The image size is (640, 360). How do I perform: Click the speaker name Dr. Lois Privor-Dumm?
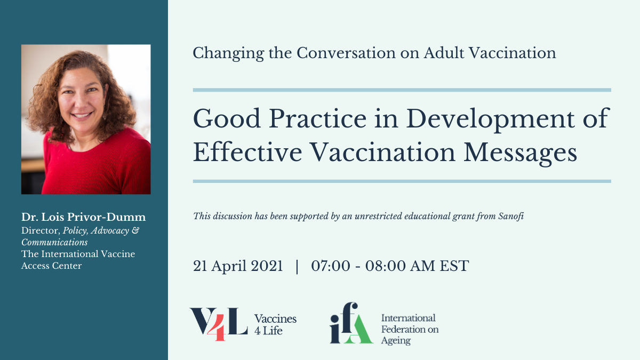point(83,217)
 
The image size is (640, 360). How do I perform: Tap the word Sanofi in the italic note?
point(511,216)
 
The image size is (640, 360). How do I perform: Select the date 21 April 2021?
point(238,266)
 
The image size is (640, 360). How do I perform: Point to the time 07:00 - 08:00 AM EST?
point(390,266)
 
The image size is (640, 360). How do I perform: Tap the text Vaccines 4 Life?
point(275,325)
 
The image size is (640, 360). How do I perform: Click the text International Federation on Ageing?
point(410,329)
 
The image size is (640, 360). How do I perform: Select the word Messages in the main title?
point(520,153)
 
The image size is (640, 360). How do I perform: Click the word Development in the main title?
point(490,119)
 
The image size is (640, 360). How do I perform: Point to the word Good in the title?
point(227,119)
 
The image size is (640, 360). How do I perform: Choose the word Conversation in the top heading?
point(346,53)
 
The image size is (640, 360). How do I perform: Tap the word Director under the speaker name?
point(41,230)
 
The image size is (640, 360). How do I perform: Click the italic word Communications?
point(54,242)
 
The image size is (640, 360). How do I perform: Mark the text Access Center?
point(51,266)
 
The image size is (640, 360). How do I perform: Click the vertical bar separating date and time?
point(297,266)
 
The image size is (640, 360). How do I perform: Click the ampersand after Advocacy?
point(135,230)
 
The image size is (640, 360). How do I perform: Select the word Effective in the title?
point(247,153)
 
